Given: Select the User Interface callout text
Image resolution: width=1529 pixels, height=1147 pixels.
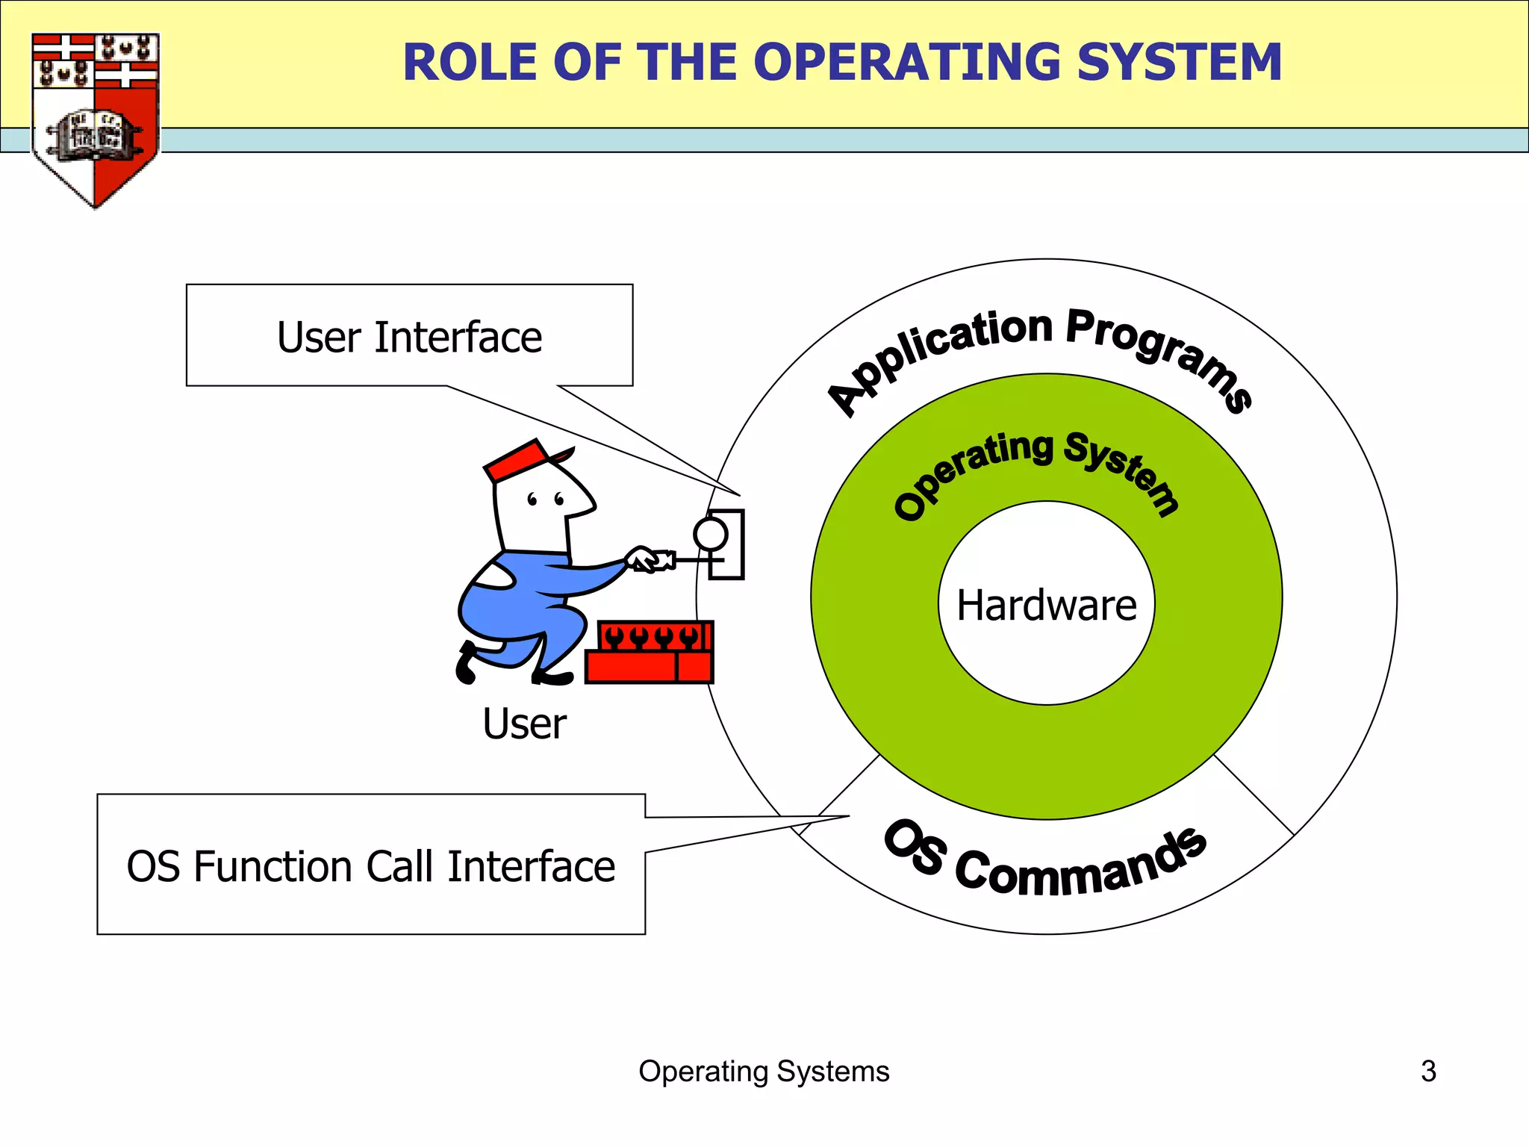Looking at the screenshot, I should tap(409, 337).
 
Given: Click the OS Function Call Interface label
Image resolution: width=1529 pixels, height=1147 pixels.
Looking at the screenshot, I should tap(370, 866).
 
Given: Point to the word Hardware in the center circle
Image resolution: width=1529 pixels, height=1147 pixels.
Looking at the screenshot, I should tap(1046, 605).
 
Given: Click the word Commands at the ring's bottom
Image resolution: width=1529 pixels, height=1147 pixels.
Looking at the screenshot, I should tap(1083, 866).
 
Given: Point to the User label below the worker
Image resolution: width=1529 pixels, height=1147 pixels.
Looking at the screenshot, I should tap(524, 724).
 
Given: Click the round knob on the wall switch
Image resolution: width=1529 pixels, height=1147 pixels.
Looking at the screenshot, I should tap(710, 534).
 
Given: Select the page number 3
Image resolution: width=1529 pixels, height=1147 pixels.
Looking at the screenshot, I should tap(1427, 1071).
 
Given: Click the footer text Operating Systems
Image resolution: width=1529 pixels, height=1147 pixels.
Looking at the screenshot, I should tap(764, 1071).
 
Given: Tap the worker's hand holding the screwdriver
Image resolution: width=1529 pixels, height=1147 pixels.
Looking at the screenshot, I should tap(642, 559).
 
